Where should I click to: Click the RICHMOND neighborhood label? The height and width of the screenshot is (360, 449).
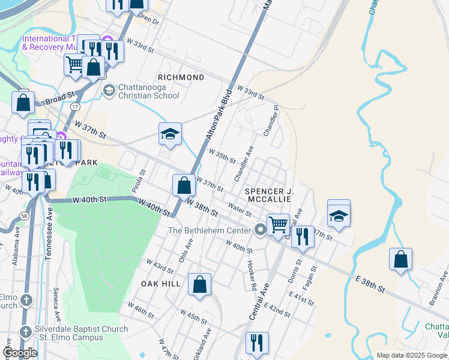181,77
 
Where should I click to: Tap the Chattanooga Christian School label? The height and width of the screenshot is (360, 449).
148,91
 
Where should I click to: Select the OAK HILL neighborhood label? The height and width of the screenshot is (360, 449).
161,283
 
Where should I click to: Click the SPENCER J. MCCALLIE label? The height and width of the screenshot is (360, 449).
269,196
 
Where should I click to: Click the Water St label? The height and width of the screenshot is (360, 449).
240,210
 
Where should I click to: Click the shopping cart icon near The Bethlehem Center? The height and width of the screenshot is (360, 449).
278,225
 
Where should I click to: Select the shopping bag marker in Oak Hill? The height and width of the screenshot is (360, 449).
199,284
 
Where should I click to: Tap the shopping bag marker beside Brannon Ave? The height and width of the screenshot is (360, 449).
400,259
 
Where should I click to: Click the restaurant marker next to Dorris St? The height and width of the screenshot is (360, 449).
303,236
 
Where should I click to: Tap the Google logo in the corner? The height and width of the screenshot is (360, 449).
20,353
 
